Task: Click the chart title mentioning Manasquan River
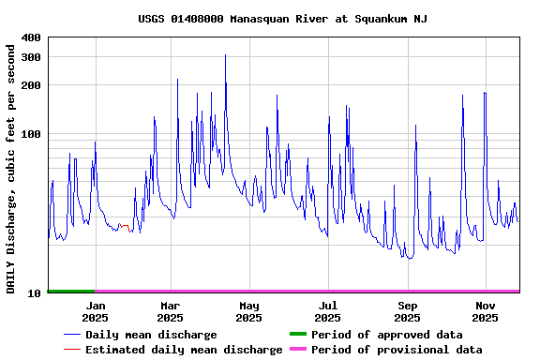pyautogui.click(x=282, y=19)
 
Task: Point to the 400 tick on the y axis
pyautogui.click(x=31, y=37)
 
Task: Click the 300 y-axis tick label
pyautogui.click(x=31, y=57)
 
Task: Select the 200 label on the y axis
pyautogui.click(x=31, y=85)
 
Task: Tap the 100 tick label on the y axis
pyautogui.click(x=31, y=134)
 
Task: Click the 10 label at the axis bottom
pyautogui.click(x=35, y=293)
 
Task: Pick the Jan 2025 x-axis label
pyautogui.click(x=95, y=311)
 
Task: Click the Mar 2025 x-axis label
pyautogui.click(x=171, y=311)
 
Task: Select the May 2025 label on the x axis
pyautogui.click(x=249, y=311)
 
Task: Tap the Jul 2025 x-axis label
pyautogui.click(x=328, y=311)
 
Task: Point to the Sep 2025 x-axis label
pyautogui.click(x=408, y=311)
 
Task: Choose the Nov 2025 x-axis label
pyautogui.click(x=486, y=311)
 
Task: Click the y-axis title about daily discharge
pyautogui.click(x=11, y=166)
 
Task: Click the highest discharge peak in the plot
pyautogui.click(x=225, y=56)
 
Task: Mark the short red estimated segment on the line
pyautogui.click(x=124, y=226)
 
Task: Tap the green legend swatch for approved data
pyautogui.click(x=297, y=335)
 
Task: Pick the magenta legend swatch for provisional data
pyautogui.click(x=297, y=350)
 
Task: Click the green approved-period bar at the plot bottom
pyautogui.click(x=71, y=292)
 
